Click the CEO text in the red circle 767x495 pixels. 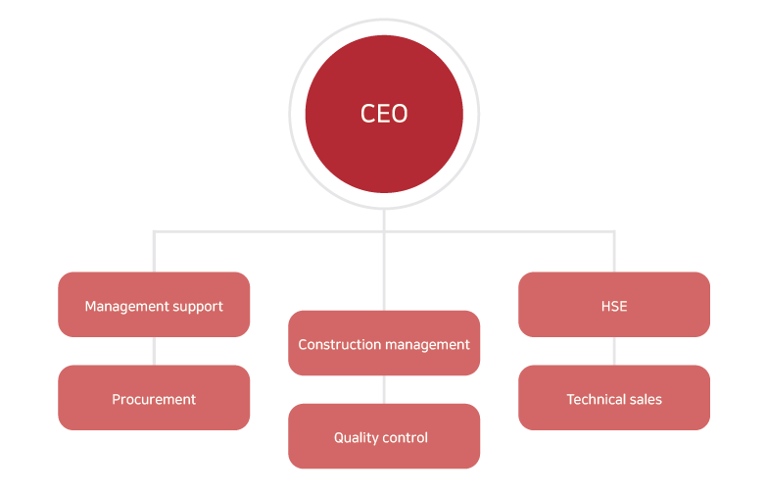384,114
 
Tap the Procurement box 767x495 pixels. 154,399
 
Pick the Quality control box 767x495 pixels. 384,437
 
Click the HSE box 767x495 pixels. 614,305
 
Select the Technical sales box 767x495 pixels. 614,399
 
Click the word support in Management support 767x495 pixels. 196,307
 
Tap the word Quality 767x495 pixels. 356,437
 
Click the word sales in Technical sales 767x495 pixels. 646,399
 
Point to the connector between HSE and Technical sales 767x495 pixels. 614,351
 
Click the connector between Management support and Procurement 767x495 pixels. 154,351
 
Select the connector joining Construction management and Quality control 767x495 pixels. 384,389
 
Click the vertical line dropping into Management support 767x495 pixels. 154,252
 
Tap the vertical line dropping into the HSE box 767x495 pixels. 614,252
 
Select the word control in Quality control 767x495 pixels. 407,437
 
